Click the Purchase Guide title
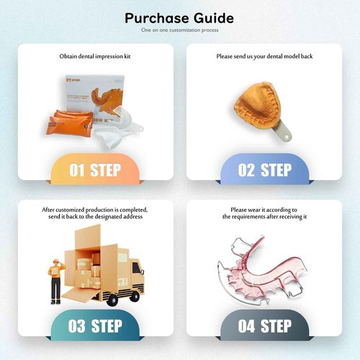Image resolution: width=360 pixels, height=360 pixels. point(179,17)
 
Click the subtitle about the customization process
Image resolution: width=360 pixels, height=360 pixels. point(179,31)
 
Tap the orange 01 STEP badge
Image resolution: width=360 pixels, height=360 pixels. point(95,170)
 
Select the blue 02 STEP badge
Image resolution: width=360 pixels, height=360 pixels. point(264,170)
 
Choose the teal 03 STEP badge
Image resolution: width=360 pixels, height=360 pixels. point(95,325)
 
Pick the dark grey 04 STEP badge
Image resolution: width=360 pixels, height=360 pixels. point(264,325)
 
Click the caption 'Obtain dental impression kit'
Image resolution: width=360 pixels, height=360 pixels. point(95,55)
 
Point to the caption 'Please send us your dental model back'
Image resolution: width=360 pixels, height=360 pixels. point(264,55)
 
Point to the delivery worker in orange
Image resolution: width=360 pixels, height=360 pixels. point(55,277)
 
